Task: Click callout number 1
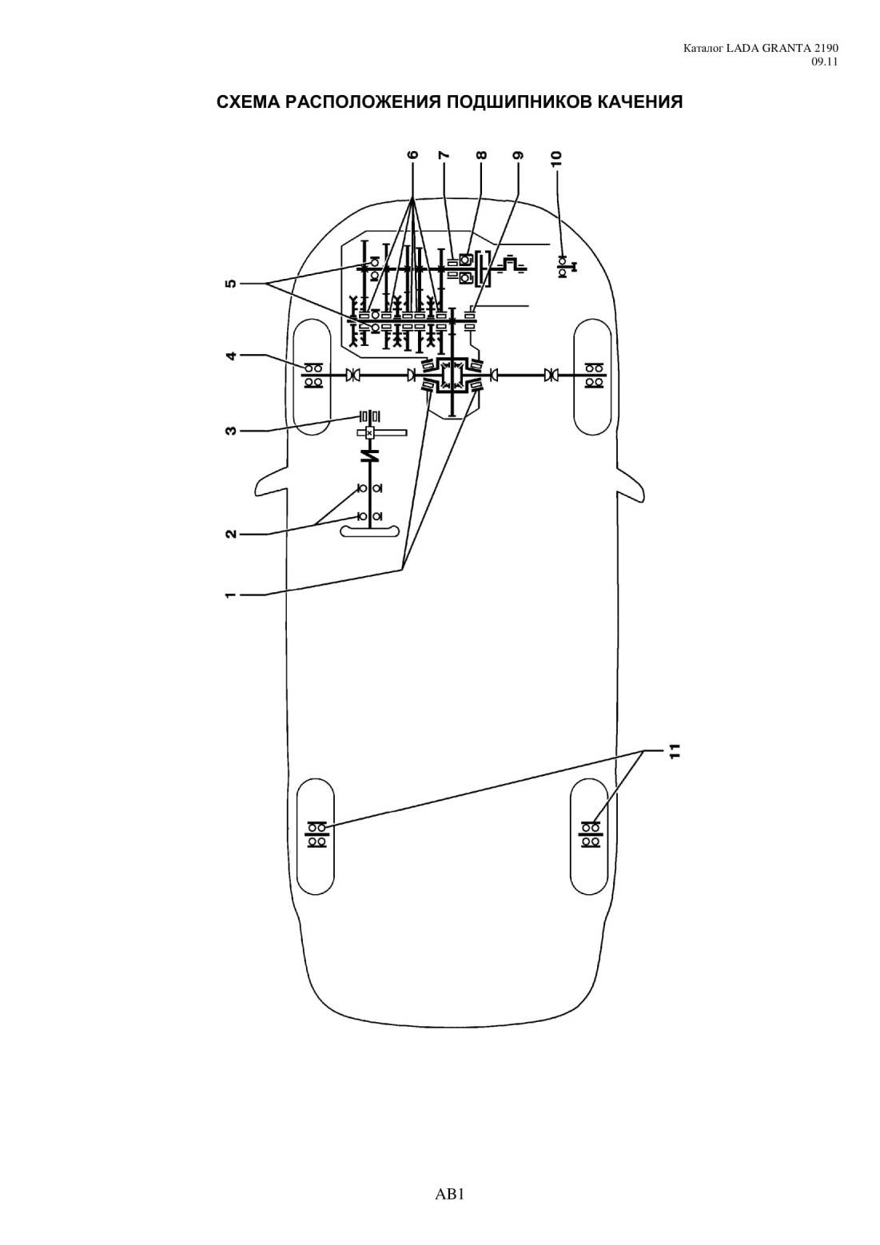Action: [x=231, y=595]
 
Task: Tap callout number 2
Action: [x=231, y=534]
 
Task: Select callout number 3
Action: [x=231, y=430]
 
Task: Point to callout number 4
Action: [x=231, y=355]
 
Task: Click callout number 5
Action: [x=231, y=284]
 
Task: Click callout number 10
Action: [x=557, y=158]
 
